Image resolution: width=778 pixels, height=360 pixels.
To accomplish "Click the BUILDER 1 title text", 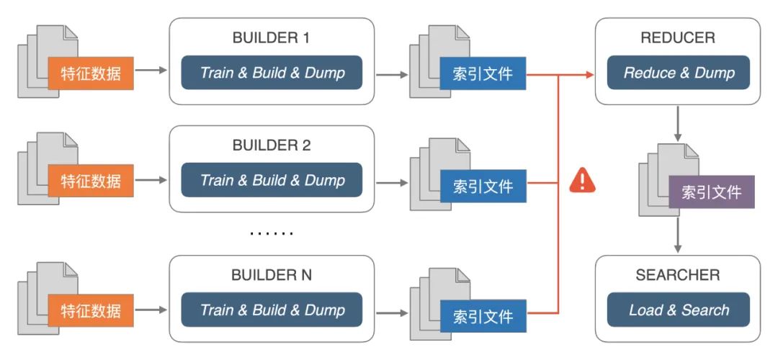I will pyautogui.click(x=271, y=37).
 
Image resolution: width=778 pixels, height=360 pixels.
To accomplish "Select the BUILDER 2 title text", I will pyautogui.click(x=271, y=145).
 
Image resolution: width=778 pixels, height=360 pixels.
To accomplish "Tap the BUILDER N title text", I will pyautogui.click(x=271, y=275).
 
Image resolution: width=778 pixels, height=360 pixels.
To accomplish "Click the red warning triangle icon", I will pyautogui.click(x=582, y=180).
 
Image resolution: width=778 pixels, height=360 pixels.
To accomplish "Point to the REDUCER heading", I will pyautogui.click(x=677, y=37).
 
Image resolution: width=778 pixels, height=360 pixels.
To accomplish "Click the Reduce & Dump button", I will pyautogui.click(x=679, y=73).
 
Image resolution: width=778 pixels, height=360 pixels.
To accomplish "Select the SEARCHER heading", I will pyautogui.click(x=677, y=275).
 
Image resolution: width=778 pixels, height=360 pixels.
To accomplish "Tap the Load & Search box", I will pyautogui.click(x=679, y=310).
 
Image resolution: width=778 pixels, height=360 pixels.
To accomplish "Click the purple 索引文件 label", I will pyautogui.click(x=711, y=192).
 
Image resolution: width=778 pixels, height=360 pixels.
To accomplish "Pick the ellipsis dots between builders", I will pyautogui.click(x=271, y=233).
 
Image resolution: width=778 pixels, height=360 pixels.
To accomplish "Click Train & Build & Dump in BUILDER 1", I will pyautogui.click(x=272, y=73).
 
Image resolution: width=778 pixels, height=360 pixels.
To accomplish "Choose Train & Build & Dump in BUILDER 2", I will pyautogui.click(x=272, y=180).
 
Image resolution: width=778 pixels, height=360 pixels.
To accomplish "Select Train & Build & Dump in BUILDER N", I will pyautogui.click(x=272, y=310).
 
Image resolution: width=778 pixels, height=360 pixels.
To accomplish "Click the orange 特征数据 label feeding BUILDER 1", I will pyautogui.click(x=91, y=73).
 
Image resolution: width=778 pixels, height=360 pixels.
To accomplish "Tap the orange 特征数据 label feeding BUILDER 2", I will pyautogui.click(x=91, y=180).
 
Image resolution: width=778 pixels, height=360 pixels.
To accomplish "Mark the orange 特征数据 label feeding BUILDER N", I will pyautogui.click(x=91, y=312).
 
